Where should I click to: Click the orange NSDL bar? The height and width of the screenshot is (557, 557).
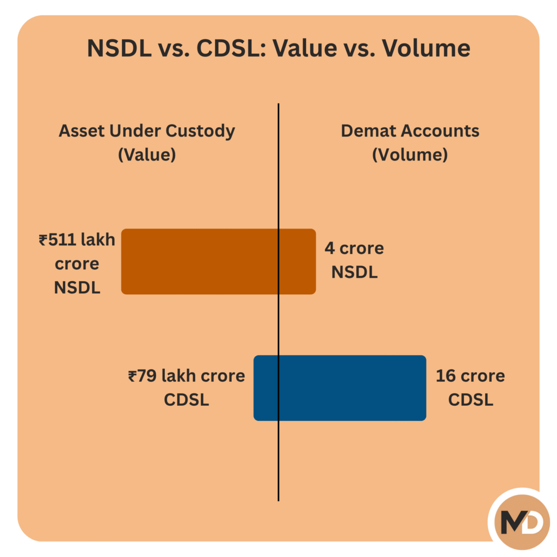tap(218, 262)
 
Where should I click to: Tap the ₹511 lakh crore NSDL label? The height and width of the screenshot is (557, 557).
tap(77, 264)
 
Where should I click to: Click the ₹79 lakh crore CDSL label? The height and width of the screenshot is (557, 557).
tap(187, 387)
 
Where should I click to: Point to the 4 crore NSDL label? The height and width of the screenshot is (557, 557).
tap(354, 260)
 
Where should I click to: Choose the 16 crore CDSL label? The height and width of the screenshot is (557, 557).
tap(470, 387)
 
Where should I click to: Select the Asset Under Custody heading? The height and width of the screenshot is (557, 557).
tap(147, 131)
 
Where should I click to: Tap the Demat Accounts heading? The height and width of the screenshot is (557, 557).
tap(410, 131)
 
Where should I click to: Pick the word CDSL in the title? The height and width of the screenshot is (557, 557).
tap(227, 49)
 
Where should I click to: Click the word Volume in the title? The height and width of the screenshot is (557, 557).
tap(426, 49)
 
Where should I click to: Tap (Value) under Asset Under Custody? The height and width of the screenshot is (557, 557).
tap(147, 154)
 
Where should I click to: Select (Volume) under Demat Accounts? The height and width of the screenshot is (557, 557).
tap(410, 154)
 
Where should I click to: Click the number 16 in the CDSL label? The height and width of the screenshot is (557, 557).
tap(445, 376)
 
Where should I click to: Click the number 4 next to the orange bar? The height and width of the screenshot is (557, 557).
tap(329, 249)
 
